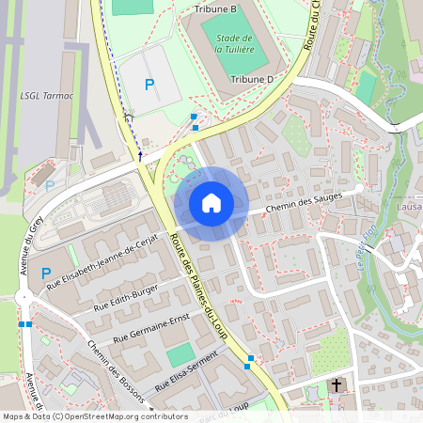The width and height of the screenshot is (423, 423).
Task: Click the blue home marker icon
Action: [211, 202]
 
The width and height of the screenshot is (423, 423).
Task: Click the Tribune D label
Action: [251, 80]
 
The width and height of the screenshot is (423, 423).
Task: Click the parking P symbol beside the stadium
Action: [149, 85]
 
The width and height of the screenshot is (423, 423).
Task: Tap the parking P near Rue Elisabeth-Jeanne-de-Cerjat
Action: [46, 274]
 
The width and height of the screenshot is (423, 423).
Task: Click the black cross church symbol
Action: [336, 384]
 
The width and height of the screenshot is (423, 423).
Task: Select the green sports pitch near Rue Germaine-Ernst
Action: [180, 355]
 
